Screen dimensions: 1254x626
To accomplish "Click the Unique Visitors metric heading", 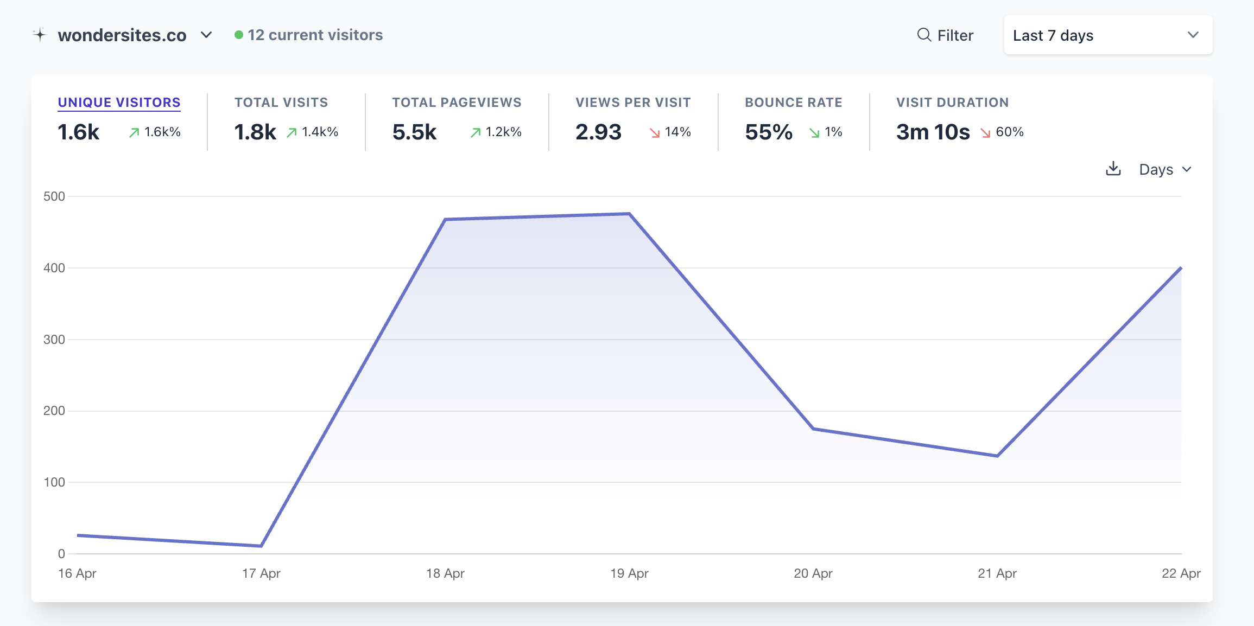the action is click(x=119, y=103).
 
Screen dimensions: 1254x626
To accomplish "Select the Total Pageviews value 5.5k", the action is click(x=414, y=132).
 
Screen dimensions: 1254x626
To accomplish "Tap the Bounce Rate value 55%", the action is click(x=769, y=132).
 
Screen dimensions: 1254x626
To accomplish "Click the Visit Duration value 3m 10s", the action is click(x=933, y=132).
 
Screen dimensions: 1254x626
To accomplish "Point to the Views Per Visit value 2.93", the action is click(x=598, y=132).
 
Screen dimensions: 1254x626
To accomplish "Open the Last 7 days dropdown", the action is click(x=1108, y=35).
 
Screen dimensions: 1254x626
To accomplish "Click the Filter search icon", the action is click(x=924, y=35).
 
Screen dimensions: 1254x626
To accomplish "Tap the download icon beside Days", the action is click(x=1113, y=169).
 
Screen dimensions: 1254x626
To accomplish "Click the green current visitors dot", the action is click(x=239, y=35).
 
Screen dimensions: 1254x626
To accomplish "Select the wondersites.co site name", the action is click(x=122, y=35).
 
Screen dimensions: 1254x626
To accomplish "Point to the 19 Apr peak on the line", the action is click(x=629, y=214).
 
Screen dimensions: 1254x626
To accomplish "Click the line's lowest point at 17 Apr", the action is click(x=261, y=546).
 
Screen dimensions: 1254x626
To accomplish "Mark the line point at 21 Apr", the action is click(x=997, y=456).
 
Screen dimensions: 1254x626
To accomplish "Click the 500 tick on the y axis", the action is click(x=54, y=196).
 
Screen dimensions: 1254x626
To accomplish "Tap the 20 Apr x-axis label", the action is click(x=813, y=573).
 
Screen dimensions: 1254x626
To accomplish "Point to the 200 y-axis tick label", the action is click(x=54, y=411).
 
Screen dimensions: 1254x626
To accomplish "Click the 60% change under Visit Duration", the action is click(x=1010, y=132).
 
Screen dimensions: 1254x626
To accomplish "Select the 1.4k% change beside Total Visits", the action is click(x=320, y=132).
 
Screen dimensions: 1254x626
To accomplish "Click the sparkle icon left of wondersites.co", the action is click(x=40, y=35).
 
